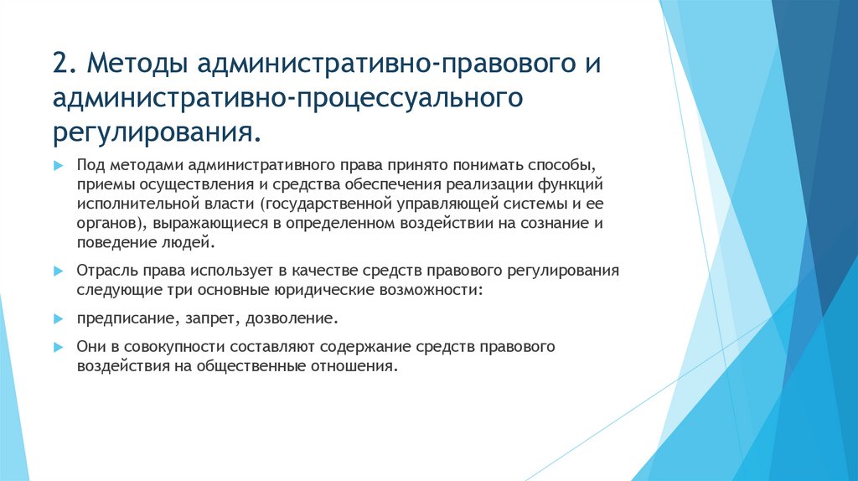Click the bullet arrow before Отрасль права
[x=58, y=272]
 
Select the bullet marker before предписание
[x=58, y=319]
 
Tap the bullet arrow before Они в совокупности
[x=58, y=347]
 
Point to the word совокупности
[x=171, y=347]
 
